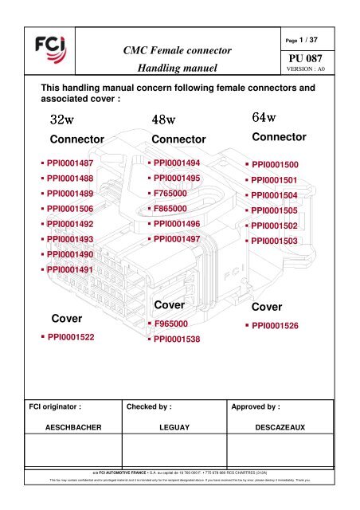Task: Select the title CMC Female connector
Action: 179,49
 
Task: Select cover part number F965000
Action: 171,324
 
